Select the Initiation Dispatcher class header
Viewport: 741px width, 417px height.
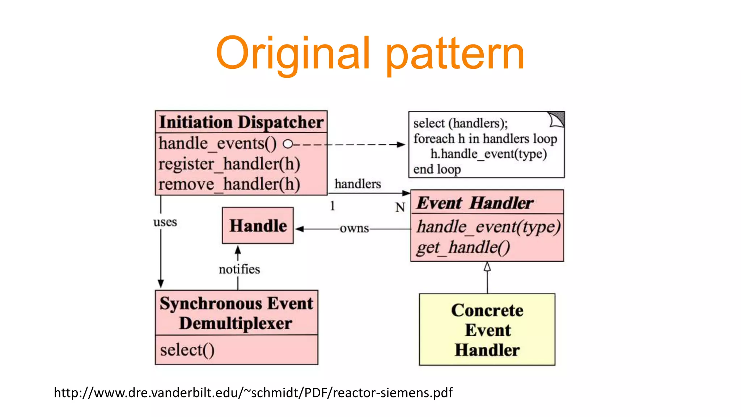241,122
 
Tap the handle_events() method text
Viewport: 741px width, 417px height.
217,143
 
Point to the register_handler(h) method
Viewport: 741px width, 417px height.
229,164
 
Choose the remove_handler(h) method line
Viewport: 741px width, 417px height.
229,184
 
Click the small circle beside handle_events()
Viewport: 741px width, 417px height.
288,144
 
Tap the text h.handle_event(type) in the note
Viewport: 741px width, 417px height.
488,154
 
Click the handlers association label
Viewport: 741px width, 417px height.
357,184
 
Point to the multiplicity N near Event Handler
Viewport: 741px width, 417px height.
400,207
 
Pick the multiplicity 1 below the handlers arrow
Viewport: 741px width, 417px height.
332,206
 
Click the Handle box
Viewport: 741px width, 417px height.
258,226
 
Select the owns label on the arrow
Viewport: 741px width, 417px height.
354,228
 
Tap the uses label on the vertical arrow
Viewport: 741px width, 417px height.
165,222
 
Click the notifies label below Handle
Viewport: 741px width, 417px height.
239,269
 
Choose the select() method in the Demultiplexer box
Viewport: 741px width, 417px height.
187,350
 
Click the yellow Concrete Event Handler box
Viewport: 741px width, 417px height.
487,329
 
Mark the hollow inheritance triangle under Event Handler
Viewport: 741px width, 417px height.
487,267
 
